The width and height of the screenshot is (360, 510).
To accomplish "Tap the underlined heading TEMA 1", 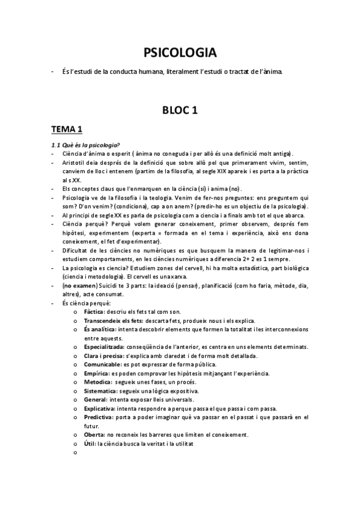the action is [67, 129].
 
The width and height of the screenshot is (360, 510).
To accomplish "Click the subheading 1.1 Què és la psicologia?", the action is [85, 144].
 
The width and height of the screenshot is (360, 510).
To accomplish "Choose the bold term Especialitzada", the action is [104, 347].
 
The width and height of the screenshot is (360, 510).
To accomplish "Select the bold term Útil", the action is [90, 443].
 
